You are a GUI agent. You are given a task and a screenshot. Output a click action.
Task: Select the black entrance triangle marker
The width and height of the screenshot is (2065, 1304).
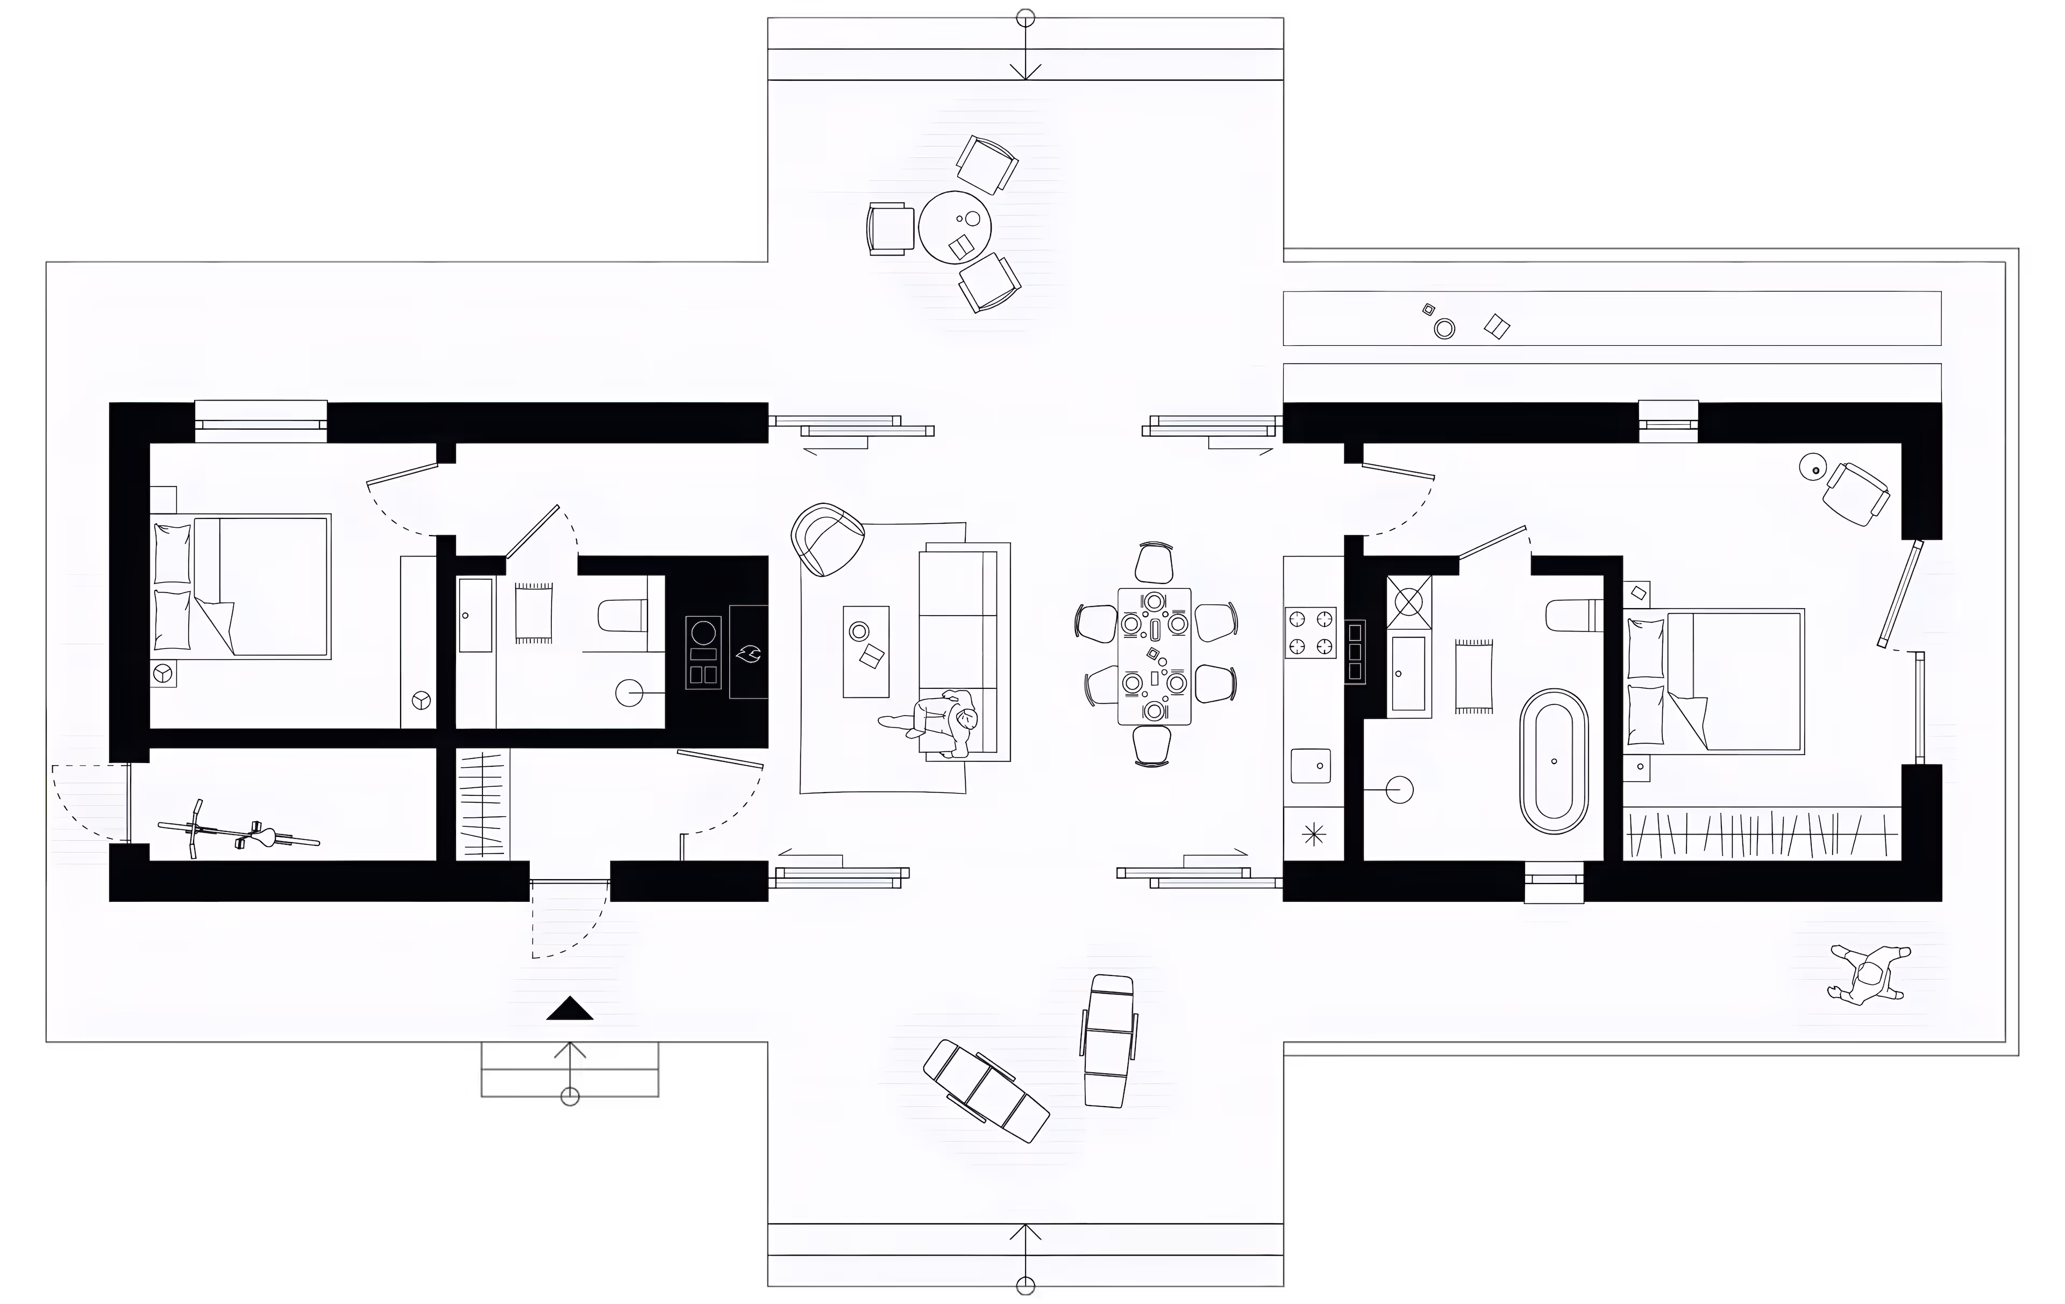[x=569, y=1009]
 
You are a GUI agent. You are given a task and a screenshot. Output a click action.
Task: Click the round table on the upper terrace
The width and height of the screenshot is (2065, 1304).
[x=955, y=226]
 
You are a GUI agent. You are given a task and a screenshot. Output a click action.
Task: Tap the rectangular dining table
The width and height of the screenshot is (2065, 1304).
[x=1154, y=656]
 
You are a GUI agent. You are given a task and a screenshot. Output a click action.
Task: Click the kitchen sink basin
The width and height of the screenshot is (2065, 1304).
[x=1311, y=765]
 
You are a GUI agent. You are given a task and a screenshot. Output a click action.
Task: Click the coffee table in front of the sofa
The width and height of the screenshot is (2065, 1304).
[x=866, y=652]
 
